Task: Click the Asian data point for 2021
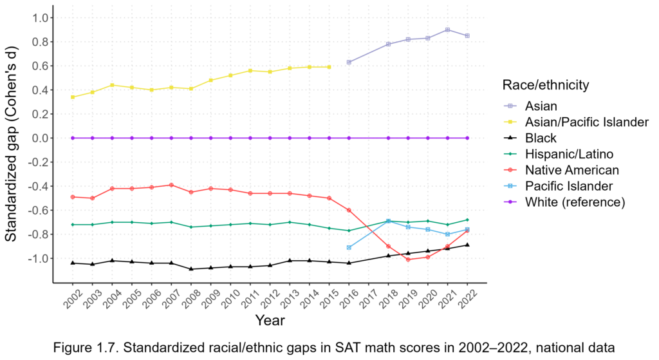(x=447, y=30)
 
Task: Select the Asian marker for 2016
(x=349, y=62)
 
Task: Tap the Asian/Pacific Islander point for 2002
(x=73, y=97)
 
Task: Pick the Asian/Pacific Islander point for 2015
(x=329, y=67)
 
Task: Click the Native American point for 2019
(x=408, y=260)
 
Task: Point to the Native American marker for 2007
(x=171, y=185)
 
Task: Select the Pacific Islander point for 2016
(x=349, y=247)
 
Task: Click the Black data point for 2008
(x=191, y=269)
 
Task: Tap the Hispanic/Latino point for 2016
(x=349, y=231)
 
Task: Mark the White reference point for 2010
(x=230, y=138)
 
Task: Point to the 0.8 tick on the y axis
(x=39, y=42)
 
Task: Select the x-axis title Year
(x=270, y=320)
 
